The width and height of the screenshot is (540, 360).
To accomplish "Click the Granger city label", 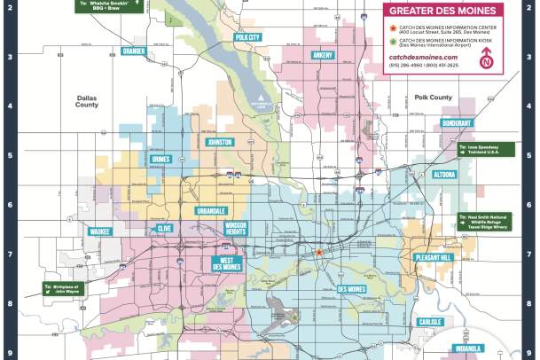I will pyautogui.click(x=134, y=51).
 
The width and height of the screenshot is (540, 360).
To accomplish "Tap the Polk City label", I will pyautogui.click(x=247, y=37).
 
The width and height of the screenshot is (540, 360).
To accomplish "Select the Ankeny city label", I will pyautogui.click(x=324, y=56).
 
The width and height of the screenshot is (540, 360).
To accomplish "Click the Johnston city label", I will pyautogui.click(x=218, y=142).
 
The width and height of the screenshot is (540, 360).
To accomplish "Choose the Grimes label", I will pyautogui.click(x=160, y=160).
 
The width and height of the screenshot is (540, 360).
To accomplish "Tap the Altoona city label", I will pyautogui.click(x=444, y=176).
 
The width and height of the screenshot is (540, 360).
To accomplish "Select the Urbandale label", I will pyautogui.click(x=211, y=211).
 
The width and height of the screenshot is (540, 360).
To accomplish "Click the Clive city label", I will pyautogui.click(x=165, y=228).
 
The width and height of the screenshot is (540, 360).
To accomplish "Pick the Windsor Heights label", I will pyautogui.click(x=235, y=229).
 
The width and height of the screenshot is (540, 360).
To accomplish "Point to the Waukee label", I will pyautogui.click(x=99, y=231).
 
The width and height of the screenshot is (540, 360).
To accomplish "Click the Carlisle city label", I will pyautogui.click(x=430, y=322).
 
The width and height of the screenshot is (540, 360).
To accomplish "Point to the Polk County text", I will pyautogui.click(x=434, y=98).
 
